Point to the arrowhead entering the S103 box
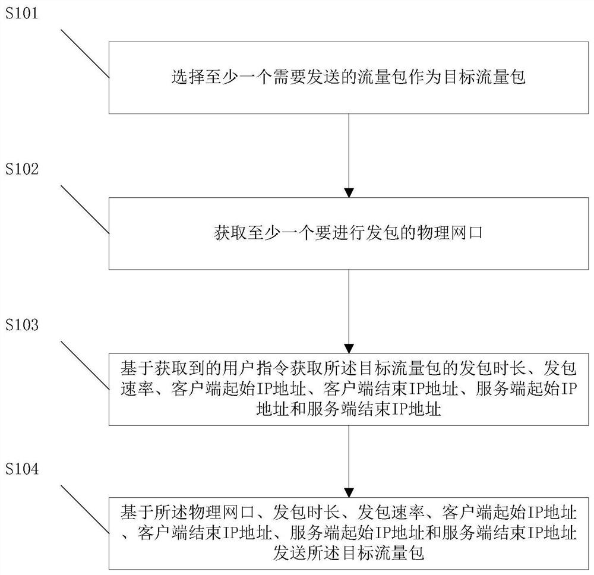[x=349, y=348]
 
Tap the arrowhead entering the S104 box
[x=349, y=493]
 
